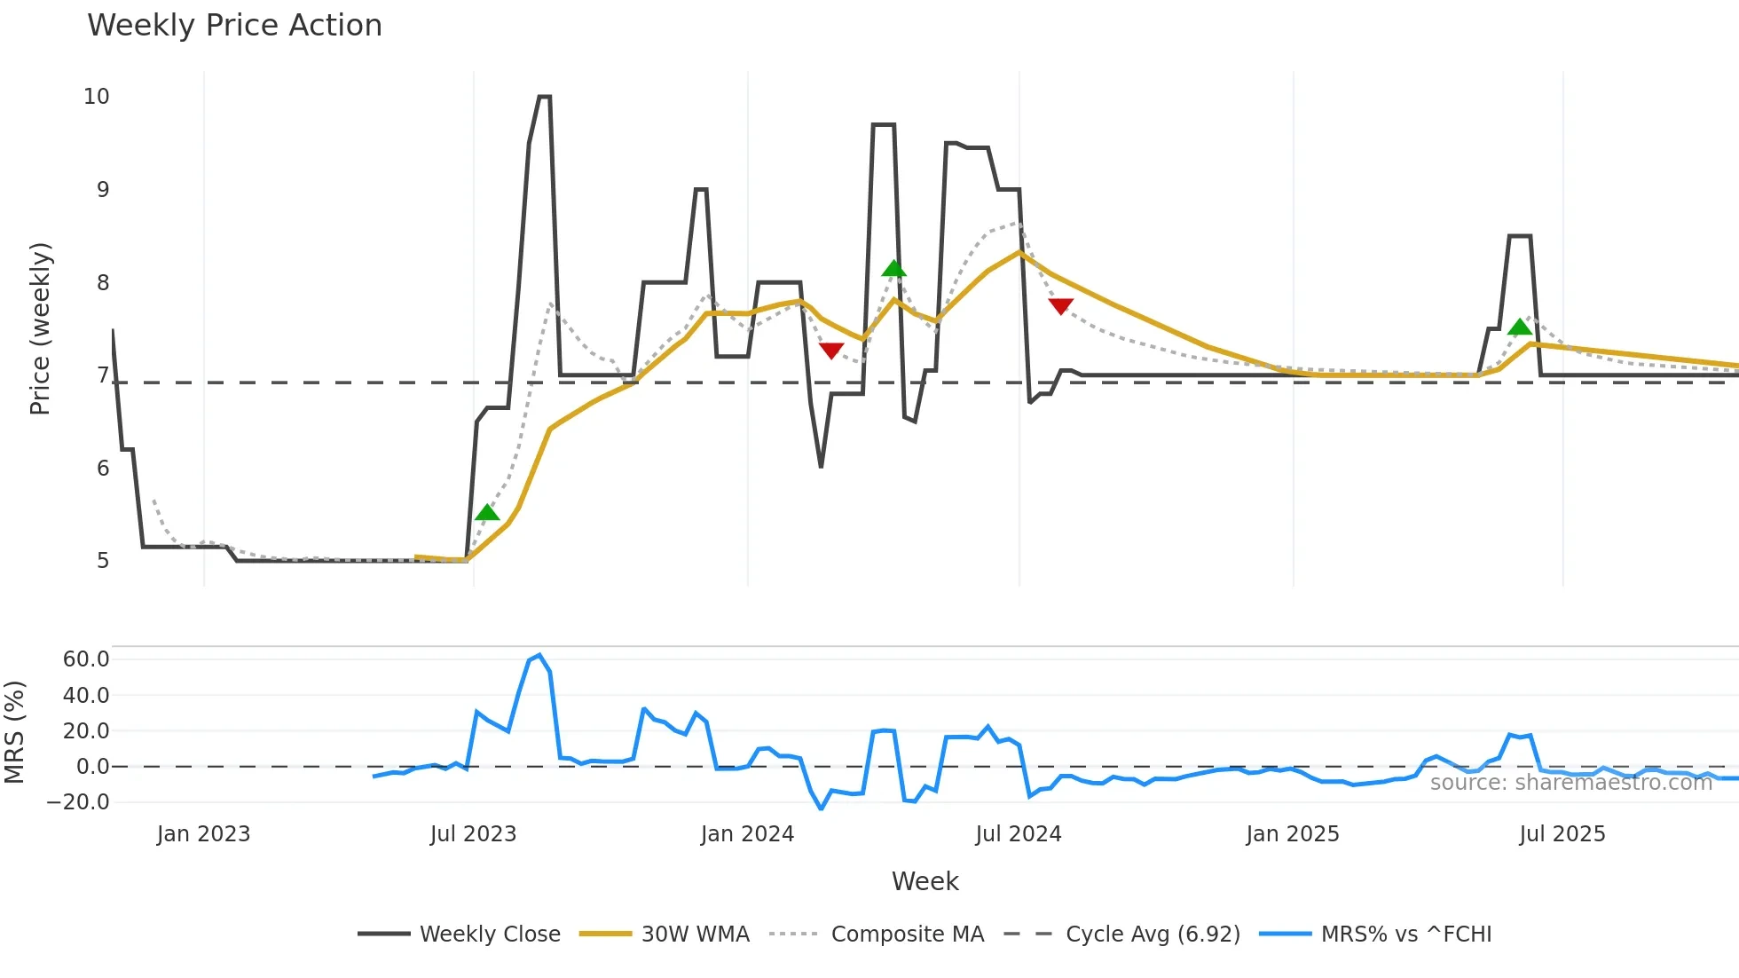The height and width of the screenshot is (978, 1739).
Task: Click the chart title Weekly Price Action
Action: [x=234, y=26]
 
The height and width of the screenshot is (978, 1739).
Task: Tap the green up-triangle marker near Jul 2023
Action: [x=487, y=513]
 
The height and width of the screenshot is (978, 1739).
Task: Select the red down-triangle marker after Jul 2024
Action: [x=1060, y=306]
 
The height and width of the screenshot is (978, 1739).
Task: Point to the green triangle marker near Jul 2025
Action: [x=1520, y=327]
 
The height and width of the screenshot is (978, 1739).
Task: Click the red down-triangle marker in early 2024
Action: [x=831, y=351]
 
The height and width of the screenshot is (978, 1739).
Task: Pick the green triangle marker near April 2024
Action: [x=894, y=269]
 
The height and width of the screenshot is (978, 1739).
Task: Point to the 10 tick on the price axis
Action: [x=97, y=97]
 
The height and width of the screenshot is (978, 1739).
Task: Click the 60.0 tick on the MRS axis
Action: [x=86, y=659]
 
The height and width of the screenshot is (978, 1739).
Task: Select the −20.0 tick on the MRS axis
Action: [x=79, y=802]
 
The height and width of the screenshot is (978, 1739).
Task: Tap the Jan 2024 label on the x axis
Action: [x=747, y=834]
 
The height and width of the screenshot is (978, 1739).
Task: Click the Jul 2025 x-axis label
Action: [x=1562, y=834]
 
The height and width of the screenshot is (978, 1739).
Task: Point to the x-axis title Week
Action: [x=925, y=881]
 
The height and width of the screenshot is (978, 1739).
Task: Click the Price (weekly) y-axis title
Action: [x=40, y=328]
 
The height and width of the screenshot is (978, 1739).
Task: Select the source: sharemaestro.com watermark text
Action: [x=1570, y=783]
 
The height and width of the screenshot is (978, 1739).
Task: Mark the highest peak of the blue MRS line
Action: [x=539, y=655]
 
